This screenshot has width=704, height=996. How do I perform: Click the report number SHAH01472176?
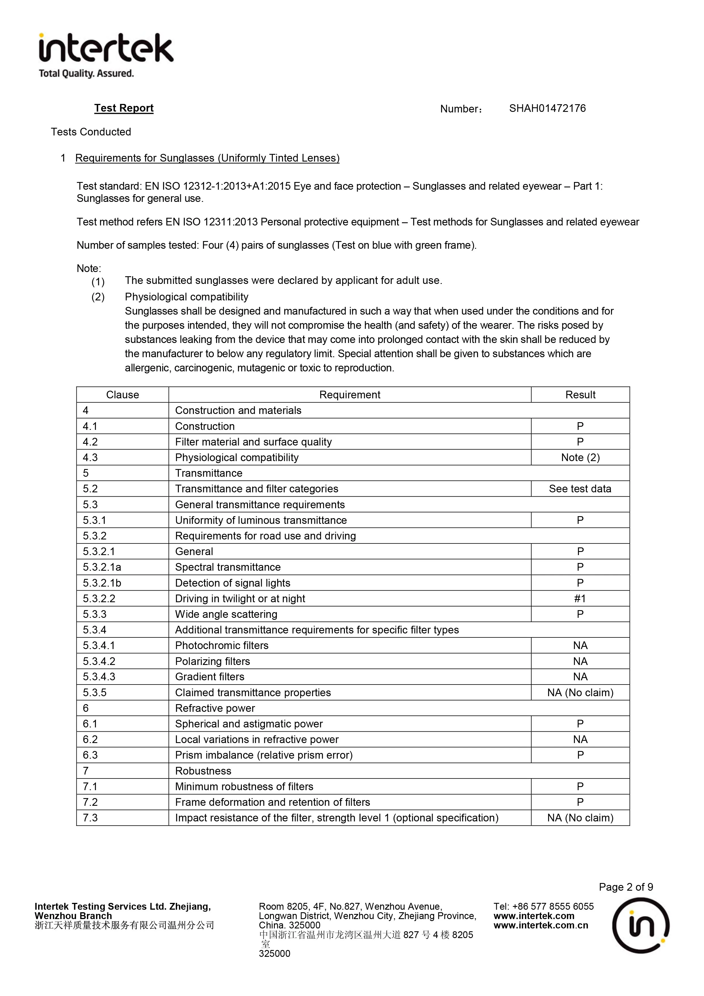547,108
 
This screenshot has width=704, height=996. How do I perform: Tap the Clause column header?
122,395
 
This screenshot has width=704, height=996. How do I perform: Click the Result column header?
580,395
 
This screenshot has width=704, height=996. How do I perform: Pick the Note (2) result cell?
580,458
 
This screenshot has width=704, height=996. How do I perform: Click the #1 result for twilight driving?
580,599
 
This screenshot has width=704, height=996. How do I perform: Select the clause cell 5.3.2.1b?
102,583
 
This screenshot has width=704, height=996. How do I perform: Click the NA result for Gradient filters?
580,677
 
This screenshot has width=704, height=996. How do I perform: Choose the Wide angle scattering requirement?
226,614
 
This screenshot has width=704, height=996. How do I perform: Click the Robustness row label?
203,771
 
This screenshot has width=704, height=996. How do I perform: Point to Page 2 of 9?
625,887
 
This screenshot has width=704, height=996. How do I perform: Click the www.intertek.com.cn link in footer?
540,925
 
